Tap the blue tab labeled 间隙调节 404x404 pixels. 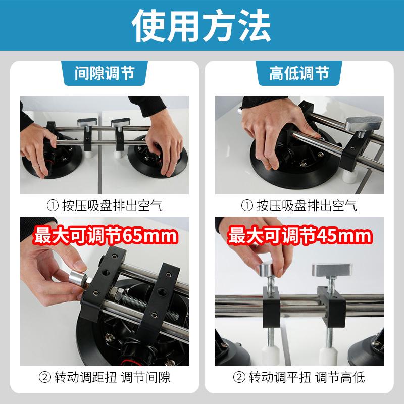[x=105, y=74]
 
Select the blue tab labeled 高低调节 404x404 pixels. [x=299, y=74]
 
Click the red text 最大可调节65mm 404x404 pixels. [x=105, y=235]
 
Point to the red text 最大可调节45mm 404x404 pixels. [x=300, y=235]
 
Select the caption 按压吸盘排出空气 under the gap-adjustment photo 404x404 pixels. [x=105, y=206]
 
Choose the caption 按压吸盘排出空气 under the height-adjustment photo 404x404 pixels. [x=300, y=206]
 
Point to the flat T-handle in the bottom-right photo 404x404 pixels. [x=329, y=270]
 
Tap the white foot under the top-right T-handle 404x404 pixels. [x=348, y=176]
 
